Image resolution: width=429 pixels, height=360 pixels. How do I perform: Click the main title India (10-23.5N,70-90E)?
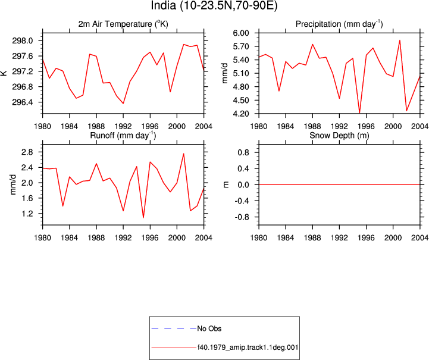(x=214, y=6)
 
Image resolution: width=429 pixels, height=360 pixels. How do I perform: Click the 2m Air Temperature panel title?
(x=123, y=24)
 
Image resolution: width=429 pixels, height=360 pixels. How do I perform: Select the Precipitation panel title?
(x=339, y=24)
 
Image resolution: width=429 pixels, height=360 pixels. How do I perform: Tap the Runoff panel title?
(x=123, y=136)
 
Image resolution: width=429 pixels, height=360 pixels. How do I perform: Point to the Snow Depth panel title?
(x=339, y=136)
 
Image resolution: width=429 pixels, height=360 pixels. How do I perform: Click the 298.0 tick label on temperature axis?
(x=22, y=40)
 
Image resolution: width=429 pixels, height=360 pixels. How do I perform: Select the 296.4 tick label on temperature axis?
(x=22, y=102)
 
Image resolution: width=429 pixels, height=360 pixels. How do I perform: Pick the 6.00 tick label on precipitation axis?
(x=241, y=33)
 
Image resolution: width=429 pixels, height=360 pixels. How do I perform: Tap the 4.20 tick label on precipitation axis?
(x=241, y=114)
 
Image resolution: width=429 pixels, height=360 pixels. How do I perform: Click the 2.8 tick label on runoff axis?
(x=27, y=152)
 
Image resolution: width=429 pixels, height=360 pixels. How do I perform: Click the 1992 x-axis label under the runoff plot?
(x=123, y=238)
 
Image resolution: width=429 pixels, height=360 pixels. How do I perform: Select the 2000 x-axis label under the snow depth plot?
(x=393, y=238)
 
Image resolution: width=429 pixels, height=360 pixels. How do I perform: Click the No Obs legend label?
(x=209, y=328)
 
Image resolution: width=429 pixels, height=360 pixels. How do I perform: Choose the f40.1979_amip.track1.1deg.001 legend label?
(x=248, y=348)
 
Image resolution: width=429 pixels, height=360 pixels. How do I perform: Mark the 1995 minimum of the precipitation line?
(x=359, y=112)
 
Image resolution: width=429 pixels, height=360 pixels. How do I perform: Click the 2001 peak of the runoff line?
(x=184, y=154)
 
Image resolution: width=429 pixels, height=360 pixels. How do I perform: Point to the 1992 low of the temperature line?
(x=123, y=104)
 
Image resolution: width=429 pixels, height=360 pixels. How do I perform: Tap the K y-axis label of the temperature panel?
(x=4, y=73)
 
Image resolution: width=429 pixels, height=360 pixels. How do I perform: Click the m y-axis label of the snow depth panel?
(x=226, y=184)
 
